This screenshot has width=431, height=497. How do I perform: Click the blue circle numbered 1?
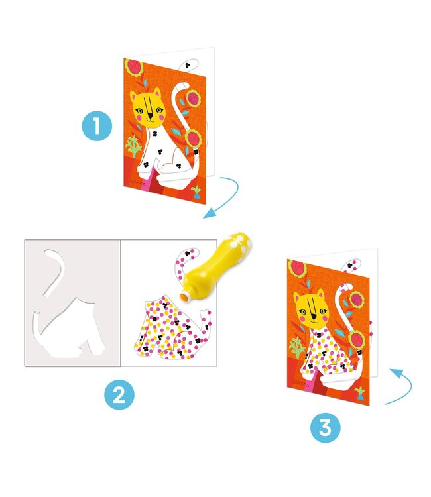coord(98,126)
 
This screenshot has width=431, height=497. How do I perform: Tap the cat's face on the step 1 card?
coord(147,108)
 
